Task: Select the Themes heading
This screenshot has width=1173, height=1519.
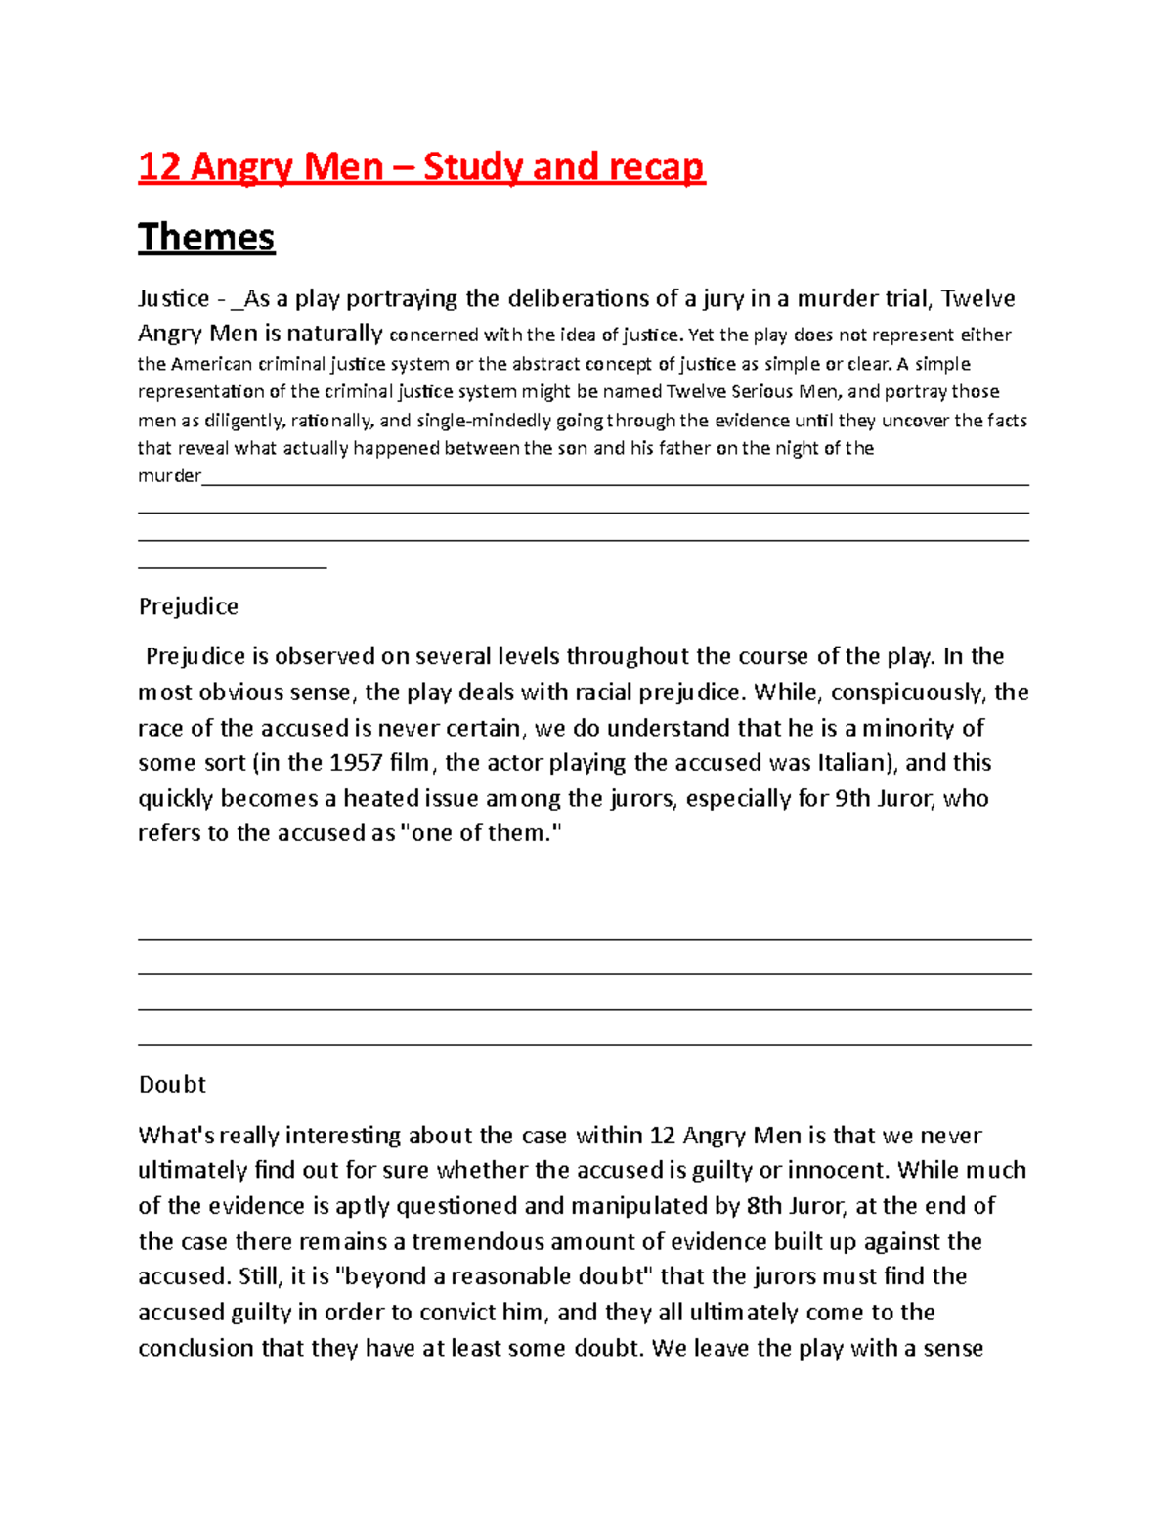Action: tap(206, 238)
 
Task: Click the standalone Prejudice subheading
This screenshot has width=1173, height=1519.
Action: tap(189, 606)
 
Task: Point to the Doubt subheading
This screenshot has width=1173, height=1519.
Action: tap(172, 1084)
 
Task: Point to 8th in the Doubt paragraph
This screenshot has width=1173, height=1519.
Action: tap(764, 1206)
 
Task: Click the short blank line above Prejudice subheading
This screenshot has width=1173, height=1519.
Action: tap(233, 566)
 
